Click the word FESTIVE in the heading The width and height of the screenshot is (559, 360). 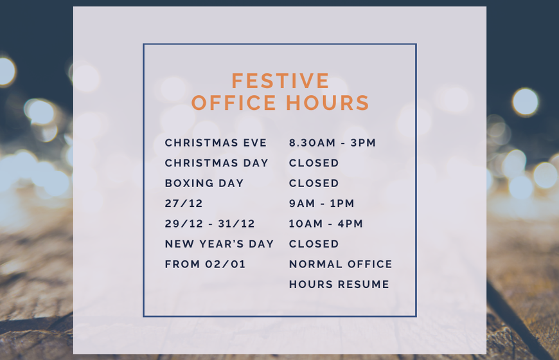[280, 81]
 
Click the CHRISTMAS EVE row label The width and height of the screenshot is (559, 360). [211, 143]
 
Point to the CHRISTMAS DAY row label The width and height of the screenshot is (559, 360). [217, 163]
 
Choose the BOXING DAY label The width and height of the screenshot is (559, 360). [204, 183]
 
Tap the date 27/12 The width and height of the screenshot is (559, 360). [184, 204]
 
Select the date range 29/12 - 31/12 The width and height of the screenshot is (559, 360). [210, 224]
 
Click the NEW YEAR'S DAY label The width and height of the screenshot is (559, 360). [219, 244]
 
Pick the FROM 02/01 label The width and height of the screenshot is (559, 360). [205, 264]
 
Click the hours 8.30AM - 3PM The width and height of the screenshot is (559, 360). [332, 143]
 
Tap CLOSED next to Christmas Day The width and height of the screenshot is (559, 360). [314, 163]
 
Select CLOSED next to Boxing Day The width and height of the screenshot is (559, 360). [314, 183]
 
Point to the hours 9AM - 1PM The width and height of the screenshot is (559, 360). [322, 204]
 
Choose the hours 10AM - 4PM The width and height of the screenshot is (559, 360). [326, 224]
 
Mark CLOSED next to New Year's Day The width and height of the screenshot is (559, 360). [314, 244]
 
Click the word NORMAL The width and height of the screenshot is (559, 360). [314, 264]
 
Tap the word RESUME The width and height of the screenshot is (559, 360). [366, 284]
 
